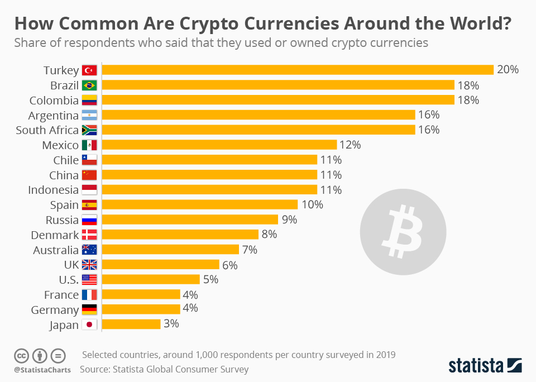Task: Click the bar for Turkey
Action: (298, 70)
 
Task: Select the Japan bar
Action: (131, 324)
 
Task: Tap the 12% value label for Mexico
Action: (350, 145)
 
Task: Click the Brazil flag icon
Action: (89, 85)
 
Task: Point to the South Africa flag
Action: (89, 130)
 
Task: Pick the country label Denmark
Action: (55, 235)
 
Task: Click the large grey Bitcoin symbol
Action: (403, 231)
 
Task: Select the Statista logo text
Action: (475, 366)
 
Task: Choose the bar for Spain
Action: (199, 204)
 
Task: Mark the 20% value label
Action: (508, 70)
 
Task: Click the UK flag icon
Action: (89, 265)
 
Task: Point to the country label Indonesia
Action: (54, 190)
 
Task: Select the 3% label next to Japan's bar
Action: (171, 324)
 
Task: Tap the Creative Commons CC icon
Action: (22, 355)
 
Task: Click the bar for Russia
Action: (190, 219)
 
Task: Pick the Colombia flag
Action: (89, 101)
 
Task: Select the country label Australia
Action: (55, 250)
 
